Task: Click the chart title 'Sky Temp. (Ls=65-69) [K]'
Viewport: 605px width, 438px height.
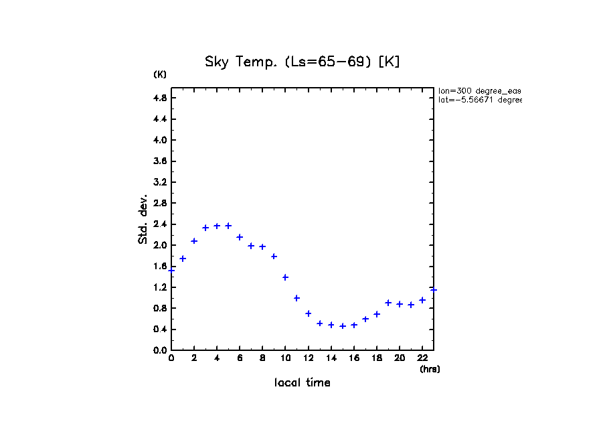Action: pyautogui.click(x=302, y=62)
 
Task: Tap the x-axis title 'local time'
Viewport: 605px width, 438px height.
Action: pyautogui.click(x=302, y=383)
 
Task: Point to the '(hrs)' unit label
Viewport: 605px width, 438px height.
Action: pyautogui.click(x=430, y=369)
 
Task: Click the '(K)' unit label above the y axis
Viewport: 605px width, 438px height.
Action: pyautogui.click(x=160, y=74)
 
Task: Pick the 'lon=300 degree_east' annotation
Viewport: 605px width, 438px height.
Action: pyautogui.click(x=479, y=90)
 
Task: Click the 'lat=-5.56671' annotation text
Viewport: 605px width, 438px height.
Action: pyautogui.click(x=479, y=100)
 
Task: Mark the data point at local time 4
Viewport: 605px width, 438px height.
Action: pyautogui.click(x=217, y=226)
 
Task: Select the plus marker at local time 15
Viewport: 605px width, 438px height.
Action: pyautogui.click(x=343, y=326)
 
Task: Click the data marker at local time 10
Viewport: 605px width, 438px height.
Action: pyautogui.click(x=285, y=277)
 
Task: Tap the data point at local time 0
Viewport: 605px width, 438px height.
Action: pyautogui.click(x=171, y=271)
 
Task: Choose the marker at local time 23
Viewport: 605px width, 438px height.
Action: pyautogui.click(x=434, y=289)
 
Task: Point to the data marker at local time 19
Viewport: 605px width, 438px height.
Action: pyautogui.click(x=388, y=303)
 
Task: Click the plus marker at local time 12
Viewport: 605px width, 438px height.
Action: pyautogui.click(x=309, y=313)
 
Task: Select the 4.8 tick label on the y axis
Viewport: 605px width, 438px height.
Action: pyautogui.click(x=159, y=98)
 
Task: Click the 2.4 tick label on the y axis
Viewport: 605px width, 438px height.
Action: pyautogui.click(x=159, y=224)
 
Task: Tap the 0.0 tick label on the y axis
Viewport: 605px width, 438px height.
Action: pyautogui.click(x=159, y=350)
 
